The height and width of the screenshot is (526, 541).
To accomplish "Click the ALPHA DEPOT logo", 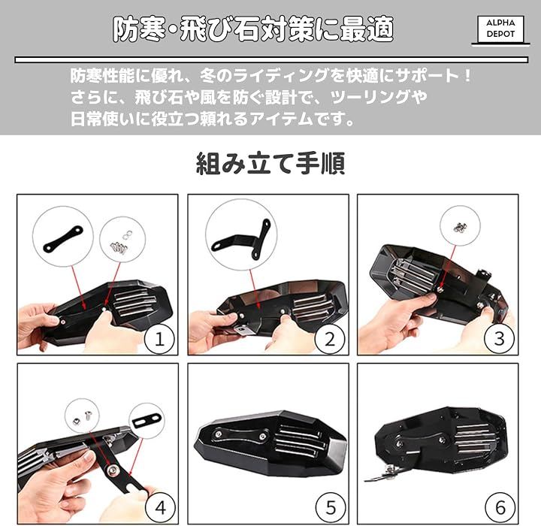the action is [x=500, y=29].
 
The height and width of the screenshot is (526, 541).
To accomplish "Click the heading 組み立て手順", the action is [x=270, y=163].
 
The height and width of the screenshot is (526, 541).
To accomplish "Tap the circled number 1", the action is [x=159, y=339].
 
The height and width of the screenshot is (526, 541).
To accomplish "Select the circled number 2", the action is [x=330, y=339].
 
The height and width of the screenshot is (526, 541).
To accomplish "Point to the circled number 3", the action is [x=500, y=339].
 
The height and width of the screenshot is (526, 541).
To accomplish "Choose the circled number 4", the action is [x=161, y=507].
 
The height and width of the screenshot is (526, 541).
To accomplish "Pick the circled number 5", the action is [x=331, y=507].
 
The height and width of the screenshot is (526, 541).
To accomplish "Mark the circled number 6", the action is [x=500, y=507].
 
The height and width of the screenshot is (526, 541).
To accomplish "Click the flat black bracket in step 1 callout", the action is [x=63, y=238].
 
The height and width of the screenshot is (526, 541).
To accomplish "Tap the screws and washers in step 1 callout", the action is [x=122, y=241].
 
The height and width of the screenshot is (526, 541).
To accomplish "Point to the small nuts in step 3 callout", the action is [x=460, y=227].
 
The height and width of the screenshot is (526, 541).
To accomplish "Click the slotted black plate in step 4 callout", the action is [x=147, y=421].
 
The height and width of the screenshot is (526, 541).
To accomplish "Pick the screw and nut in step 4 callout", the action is [x=82, y=417].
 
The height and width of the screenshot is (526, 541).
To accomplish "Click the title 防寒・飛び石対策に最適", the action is [x=254, y=30].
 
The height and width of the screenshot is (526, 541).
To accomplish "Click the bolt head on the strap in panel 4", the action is [x=113, y=470].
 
